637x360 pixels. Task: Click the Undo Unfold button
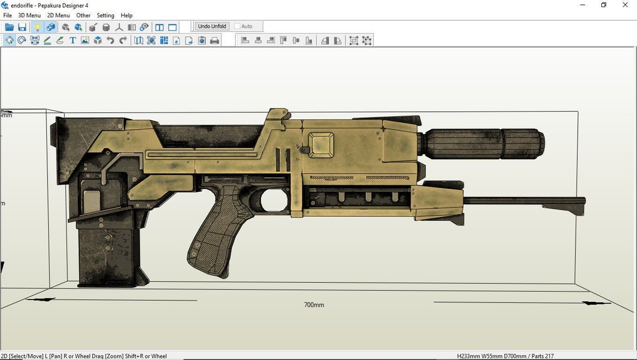[x=212, y=26]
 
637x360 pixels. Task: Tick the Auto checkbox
[x=237, y=26]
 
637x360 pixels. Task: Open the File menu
[x=7, y=16]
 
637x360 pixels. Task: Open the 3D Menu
[x=29, y=16]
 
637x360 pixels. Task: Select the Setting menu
[x=105, y=16]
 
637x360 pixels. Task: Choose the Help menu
[x=126, y=16]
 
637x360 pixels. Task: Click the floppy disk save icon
[x=22, y=27]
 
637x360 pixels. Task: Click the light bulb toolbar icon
[x=37, y=27]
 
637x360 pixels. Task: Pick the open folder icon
[x=9, y=27]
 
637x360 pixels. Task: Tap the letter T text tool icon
[x=72, y=40]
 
